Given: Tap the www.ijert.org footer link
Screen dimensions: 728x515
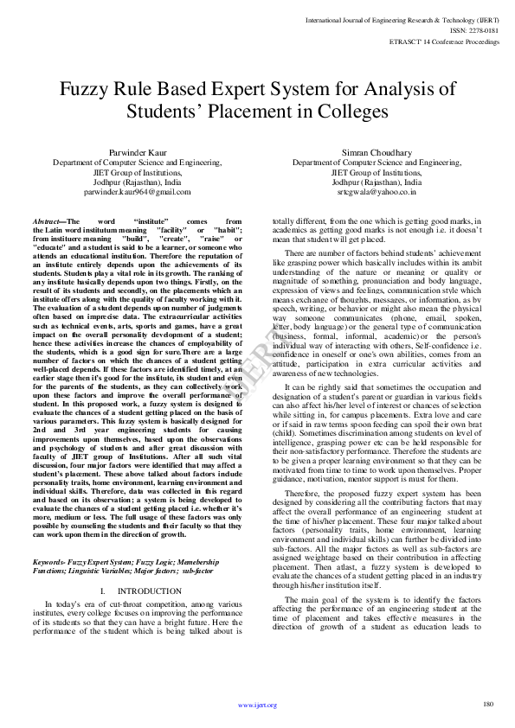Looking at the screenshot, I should tap(257, 705).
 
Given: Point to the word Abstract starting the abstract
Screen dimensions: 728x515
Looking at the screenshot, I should tap(47, 222).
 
